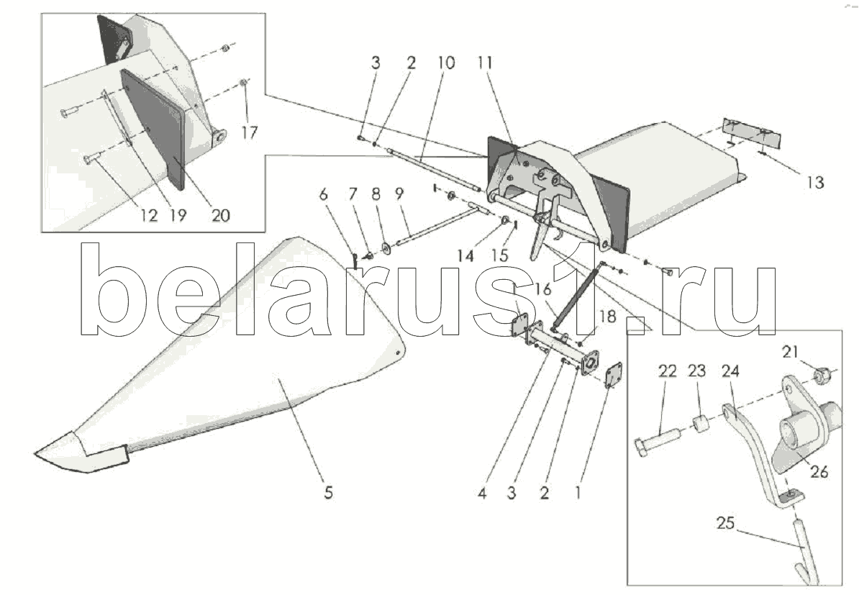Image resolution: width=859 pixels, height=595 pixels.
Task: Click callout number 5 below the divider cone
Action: [x=328, y=494]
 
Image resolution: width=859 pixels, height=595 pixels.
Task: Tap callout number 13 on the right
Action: [x=814, y=183]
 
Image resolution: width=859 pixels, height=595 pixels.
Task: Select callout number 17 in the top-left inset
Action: [x=249, y=133]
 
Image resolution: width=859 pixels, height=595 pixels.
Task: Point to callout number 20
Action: [x=220, y=215]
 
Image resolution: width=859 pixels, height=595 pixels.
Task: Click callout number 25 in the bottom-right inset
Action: [x=725, y=523]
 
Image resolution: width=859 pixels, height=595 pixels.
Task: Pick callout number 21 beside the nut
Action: [x=791, y=351]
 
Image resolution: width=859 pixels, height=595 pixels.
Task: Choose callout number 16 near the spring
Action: [x=542, y=289]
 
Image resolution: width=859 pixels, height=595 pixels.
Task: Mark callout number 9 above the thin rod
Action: [x=399, y=194]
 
